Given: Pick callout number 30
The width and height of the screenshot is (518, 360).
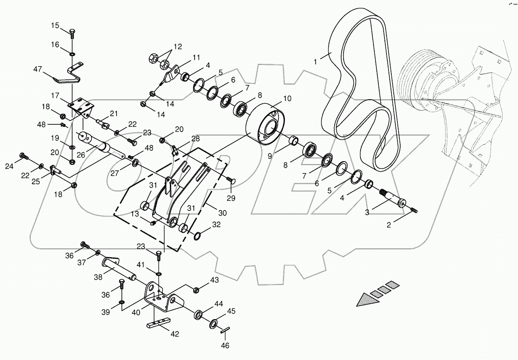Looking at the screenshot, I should click(x=222, y=213).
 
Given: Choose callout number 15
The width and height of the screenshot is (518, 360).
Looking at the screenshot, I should click(x=55, y=26).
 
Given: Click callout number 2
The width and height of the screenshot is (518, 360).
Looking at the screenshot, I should click(x=389, y=225).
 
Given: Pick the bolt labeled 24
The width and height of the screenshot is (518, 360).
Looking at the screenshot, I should click(x=24, y=156).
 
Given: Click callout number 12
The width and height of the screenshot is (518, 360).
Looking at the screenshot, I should click(x=178, y=46).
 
